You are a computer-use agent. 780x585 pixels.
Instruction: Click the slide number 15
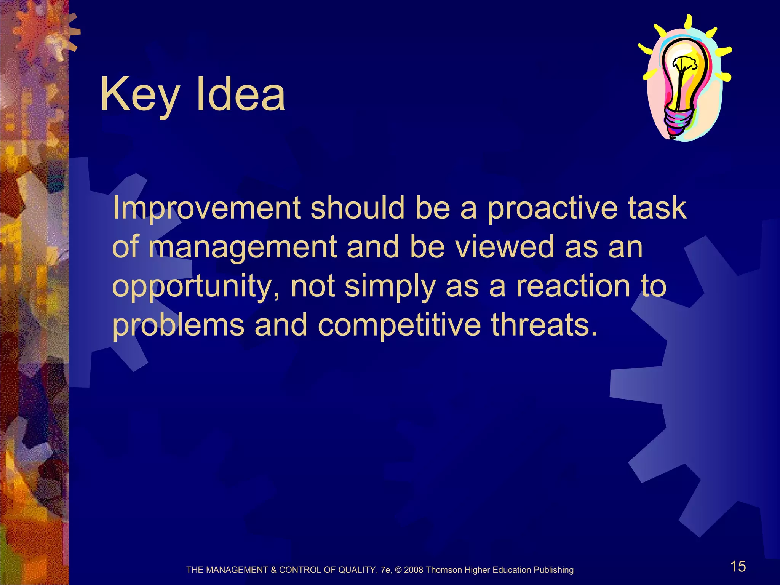(738, 566)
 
